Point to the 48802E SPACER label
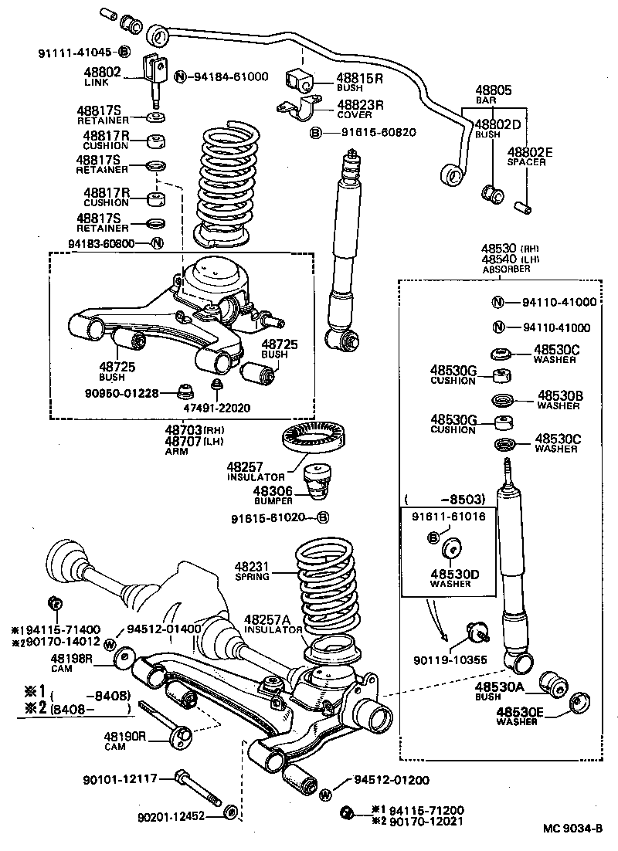[x=529, y=158]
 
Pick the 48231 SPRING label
[x=253, y=571]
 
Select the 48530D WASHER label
[x=451, y=578]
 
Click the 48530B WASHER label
[x=560, y=399]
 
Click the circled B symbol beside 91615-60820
[x=316, y=132]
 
